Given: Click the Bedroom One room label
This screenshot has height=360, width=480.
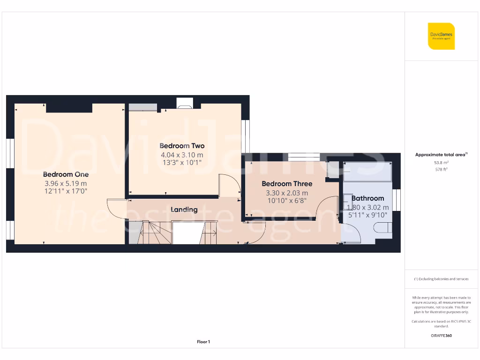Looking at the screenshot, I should click(x=66, y=174).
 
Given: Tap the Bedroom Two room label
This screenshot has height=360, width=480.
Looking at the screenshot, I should click(x=182, y=146).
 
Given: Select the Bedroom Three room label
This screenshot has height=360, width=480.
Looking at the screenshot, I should click(x=287, y=184).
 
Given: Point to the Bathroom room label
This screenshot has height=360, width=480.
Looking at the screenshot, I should click(x=367, y=198).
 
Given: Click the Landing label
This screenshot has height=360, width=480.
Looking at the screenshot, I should click(x=184, y=210).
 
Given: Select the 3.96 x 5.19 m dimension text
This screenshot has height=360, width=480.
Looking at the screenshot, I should click(x=66, y=183).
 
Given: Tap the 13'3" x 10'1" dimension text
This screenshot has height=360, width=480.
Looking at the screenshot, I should click(x=182, y=163).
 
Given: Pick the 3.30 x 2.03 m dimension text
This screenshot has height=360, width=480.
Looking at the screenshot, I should click(x=287, y=193).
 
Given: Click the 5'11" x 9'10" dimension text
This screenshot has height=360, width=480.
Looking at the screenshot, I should click(x=367, y=215).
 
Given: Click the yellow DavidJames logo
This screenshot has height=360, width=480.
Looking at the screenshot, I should click(x=441, y=36).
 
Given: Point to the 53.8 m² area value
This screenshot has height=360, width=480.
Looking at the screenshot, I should click(x=441, y=162).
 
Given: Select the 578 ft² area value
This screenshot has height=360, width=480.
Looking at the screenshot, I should click(x=441, y=169).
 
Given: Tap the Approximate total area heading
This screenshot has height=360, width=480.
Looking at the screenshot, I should click(x=441, y=155).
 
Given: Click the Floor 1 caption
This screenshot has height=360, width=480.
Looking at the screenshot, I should click(x=203, y=342).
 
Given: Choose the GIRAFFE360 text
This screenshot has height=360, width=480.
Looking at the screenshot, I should click(x=441, y=336).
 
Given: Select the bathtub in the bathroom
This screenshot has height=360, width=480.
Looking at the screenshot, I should click(x=367, y=172).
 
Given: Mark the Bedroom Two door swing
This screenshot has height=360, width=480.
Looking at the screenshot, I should click(x=229, y=186).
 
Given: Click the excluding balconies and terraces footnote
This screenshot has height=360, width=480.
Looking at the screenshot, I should click(x=441, y=279).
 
